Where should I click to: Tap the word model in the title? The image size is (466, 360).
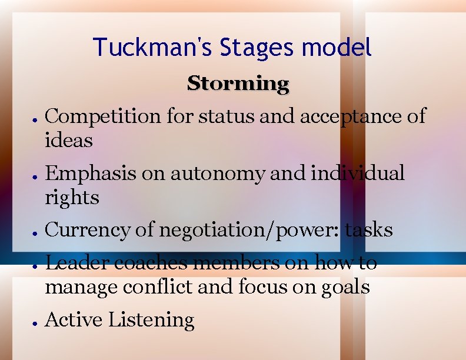click(341, 47)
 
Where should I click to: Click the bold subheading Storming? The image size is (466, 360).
click(238, 84)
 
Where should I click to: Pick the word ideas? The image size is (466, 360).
click(69, 141)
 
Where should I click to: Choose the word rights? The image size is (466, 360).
click(72, 198)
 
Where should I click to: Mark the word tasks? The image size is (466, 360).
click(369, 230)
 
